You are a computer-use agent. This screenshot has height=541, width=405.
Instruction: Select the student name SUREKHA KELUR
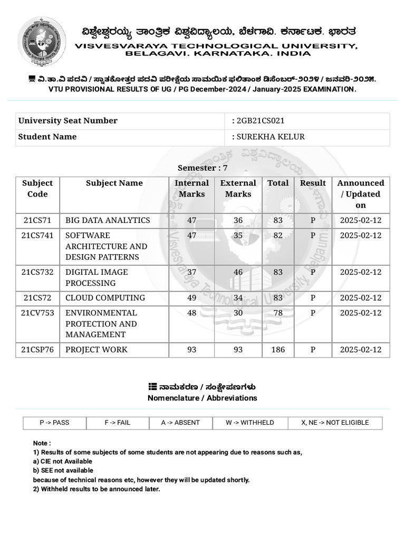click(270, 137)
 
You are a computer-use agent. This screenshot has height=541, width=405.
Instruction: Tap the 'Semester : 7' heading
click(202, 168)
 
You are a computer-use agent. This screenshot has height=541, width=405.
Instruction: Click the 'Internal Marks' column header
click(191, 189)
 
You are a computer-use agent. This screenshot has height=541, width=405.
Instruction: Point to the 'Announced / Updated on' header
click(361, 194)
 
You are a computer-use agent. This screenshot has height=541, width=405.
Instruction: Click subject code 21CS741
click(37, 236)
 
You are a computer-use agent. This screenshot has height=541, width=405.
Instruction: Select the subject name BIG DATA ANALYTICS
click(108, 220)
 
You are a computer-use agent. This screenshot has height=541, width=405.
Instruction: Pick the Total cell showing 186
click(278, 350)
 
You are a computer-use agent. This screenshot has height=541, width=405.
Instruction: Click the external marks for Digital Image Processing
click(238, 272)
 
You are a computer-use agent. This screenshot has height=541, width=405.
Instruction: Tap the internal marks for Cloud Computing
click(191, 298)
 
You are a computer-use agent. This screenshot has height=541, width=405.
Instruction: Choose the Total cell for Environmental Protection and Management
click(278, 313)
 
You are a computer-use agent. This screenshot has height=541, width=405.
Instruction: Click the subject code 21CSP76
click(37, 350)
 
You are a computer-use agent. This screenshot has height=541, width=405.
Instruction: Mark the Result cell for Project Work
click(313, 350)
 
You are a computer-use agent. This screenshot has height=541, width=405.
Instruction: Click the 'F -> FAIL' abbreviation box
click(116, 423)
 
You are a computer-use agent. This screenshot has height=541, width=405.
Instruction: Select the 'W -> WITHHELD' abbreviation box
click(249, 423)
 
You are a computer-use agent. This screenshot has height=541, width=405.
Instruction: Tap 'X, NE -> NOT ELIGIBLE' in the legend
click(335, 423)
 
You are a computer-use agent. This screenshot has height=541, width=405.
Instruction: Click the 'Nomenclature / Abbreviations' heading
click(202, 398)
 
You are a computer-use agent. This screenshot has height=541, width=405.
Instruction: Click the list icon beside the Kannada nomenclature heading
click(152, 387)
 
